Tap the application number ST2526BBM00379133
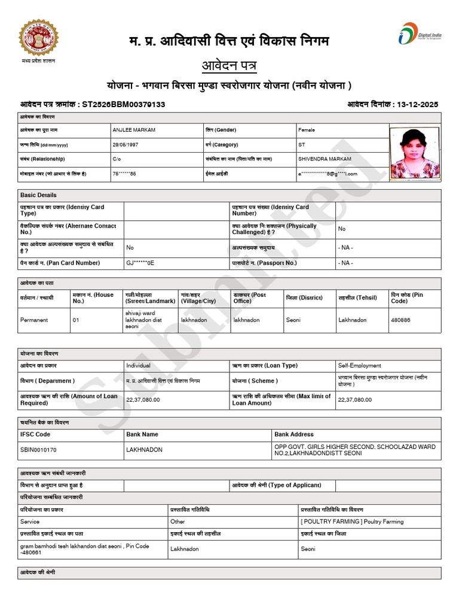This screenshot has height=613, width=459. [123, 104]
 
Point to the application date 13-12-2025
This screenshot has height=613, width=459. [417, 104]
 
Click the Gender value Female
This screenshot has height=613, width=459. [307, 130]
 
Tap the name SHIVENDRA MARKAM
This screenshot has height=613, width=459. [325, 159]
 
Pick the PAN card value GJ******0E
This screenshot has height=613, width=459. [140, 263]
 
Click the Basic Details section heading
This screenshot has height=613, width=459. [38, 195]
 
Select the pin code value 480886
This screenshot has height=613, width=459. [400, 320]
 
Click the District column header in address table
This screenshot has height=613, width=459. [304, 298]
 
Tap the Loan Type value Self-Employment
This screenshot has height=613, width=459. [359, 365]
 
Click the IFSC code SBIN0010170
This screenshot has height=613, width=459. [39, 449]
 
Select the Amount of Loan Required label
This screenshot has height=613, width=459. [69, 399]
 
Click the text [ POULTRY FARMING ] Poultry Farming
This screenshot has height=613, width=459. [352, 522]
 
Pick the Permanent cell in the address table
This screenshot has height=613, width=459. [33, 320]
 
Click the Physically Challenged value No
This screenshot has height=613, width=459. [342, 229]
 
